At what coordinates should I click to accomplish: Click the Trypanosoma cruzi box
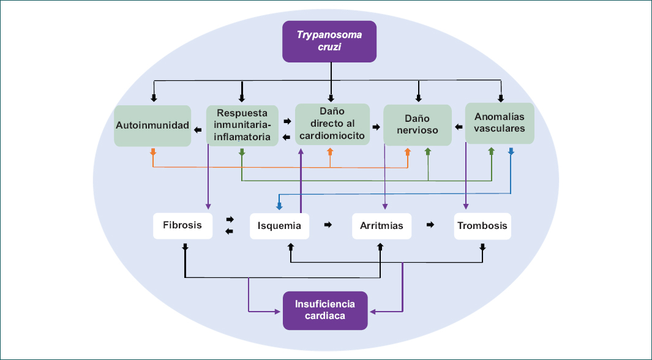(329, 41)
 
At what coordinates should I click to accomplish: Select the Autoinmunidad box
(152, 126)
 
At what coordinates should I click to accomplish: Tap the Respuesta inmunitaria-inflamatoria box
(242, 125)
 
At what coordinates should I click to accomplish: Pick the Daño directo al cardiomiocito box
(332, 124)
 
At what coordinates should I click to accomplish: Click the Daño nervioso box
(418, 124)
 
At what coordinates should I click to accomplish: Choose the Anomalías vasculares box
(500, 123)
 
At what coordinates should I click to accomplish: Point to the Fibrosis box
(182, 225)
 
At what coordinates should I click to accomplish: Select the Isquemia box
(279, 225)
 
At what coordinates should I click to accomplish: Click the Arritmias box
(378, 225)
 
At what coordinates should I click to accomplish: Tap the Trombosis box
(482, 225)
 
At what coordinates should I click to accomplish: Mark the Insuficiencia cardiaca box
(324, 310)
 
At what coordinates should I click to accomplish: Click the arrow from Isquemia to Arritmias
(328, 225)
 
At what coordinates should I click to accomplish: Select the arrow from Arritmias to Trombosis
(430, 225)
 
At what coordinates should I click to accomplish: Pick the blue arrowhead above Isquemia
(279, 206)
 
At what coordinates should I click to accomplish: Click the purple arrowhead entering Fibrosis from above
(208, 206)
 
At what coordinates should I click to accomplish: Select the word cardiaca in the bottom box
(324, 316)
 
